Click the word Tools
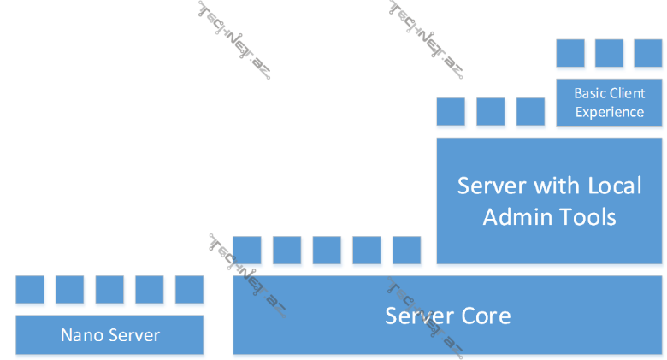[587, 217]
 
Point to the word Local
[614, 186]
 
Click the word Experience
[610, 112]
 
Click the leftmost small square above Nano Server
[30, 289]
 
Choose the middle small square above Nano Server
[109, 289]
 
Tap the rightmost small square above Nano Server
[189, 289]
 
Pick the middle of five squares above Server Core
[327, 250]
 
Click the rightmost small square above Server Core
[406, 250]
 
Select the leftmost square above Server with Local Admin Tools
[451, 111]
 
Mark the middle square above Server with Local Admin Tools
[491, 111]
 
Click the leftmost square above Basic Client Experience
[570, 53]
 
